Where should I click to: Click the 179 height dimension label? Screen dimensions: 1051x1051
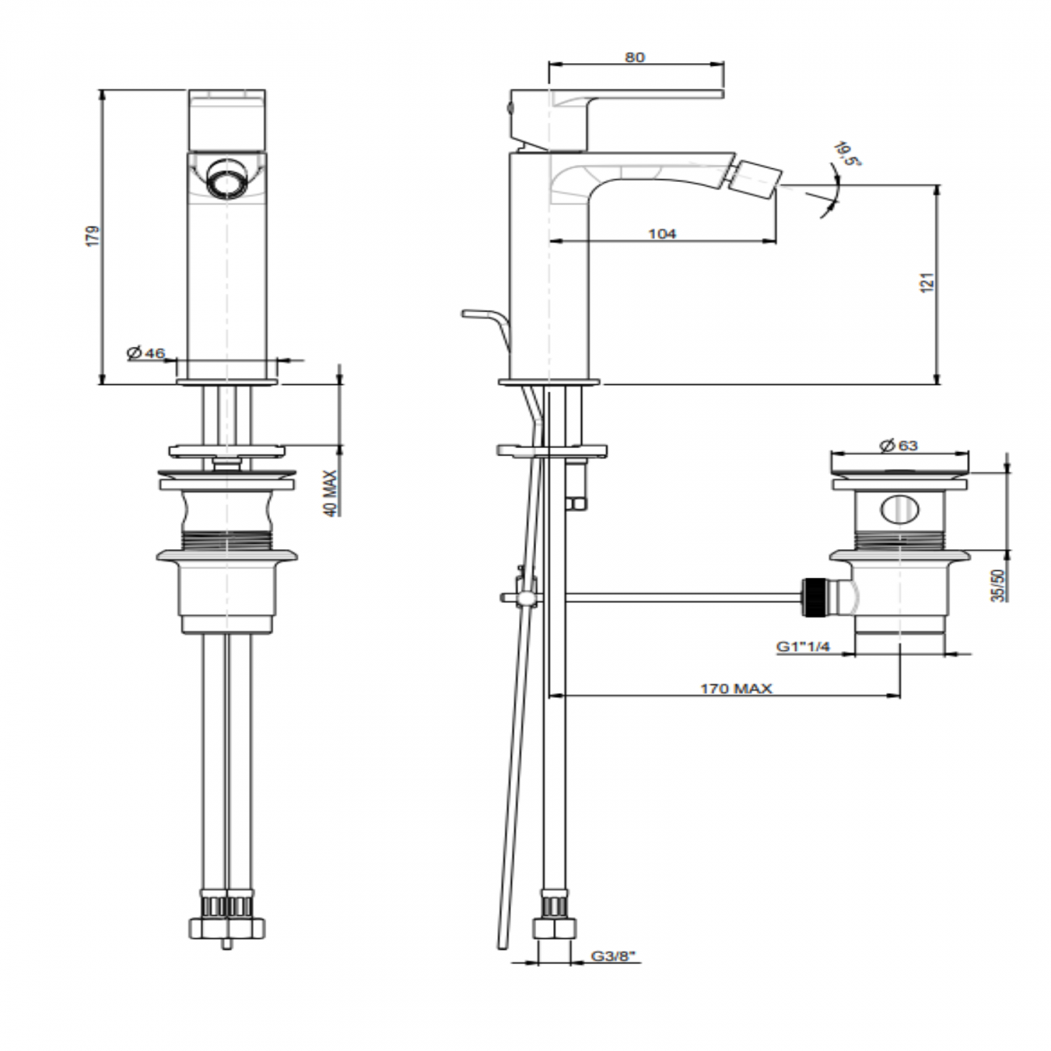[x=93, y=235]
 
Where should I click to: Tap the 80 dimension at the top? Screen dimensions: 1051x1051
[x=635, y=57]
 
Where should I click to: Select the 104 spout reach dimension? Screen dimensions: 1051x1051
[x=661, y=234]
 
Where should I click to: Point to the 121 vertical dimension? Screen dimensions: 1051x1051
[x=928, y=282]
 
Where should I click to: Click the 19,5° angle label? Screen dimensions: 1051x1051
[x=847, y=154]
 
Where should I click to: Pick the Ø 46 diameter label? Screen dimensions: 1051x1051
[x=146, y=352]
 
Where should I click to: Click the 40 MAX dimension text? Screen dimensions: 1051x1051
[x=331, y=493]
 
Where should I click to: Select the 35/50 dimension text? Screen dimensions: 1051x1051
[x=998, y=585]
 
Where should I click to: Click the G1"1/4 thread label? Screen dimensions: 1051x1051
[x=803, y=646]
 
